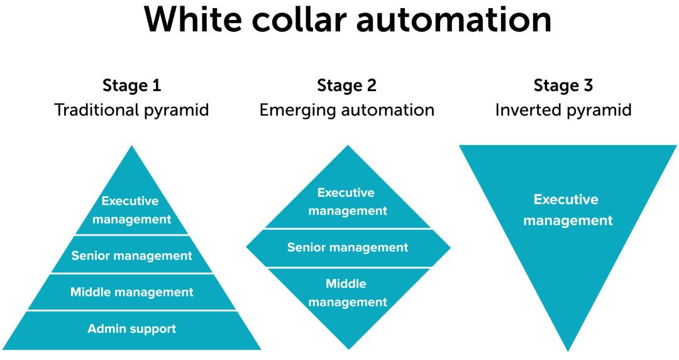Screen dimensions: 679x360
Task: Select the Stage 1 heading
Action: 131,85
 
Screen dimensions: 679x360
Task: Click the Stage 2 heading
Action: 347,85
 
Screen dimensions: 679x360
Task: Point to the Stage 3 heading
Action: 563,85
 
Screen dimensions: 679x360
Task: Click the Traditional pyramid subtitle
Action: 131,110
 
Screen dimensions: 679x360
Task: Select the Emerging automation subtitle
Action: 347,110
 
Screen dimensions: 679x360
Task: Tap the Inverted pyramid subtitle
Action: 563,110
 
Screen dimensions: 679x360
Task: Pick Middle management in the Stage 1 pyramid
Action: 131,292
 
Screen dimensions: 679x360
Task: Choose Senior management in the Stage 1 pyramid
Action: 131,255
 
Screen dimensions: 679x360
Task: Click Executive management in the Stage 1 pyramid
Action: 131,210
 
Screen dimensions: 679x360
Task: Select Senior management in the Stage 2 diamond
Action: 348,248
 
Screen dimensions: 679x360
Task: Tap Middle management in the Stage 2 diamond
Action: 348,293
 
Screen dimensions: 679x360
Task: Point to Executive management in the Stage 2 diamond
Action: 348,202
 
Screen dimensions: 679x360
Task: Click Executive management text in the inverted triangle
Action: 568,210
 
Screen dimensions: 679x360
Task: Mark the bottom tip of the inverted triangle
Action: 568,351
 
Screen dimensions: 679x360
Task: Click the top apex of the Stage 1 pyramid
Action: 131,146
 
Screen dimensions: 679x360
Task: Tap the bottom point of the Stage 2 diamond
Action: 348,348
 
